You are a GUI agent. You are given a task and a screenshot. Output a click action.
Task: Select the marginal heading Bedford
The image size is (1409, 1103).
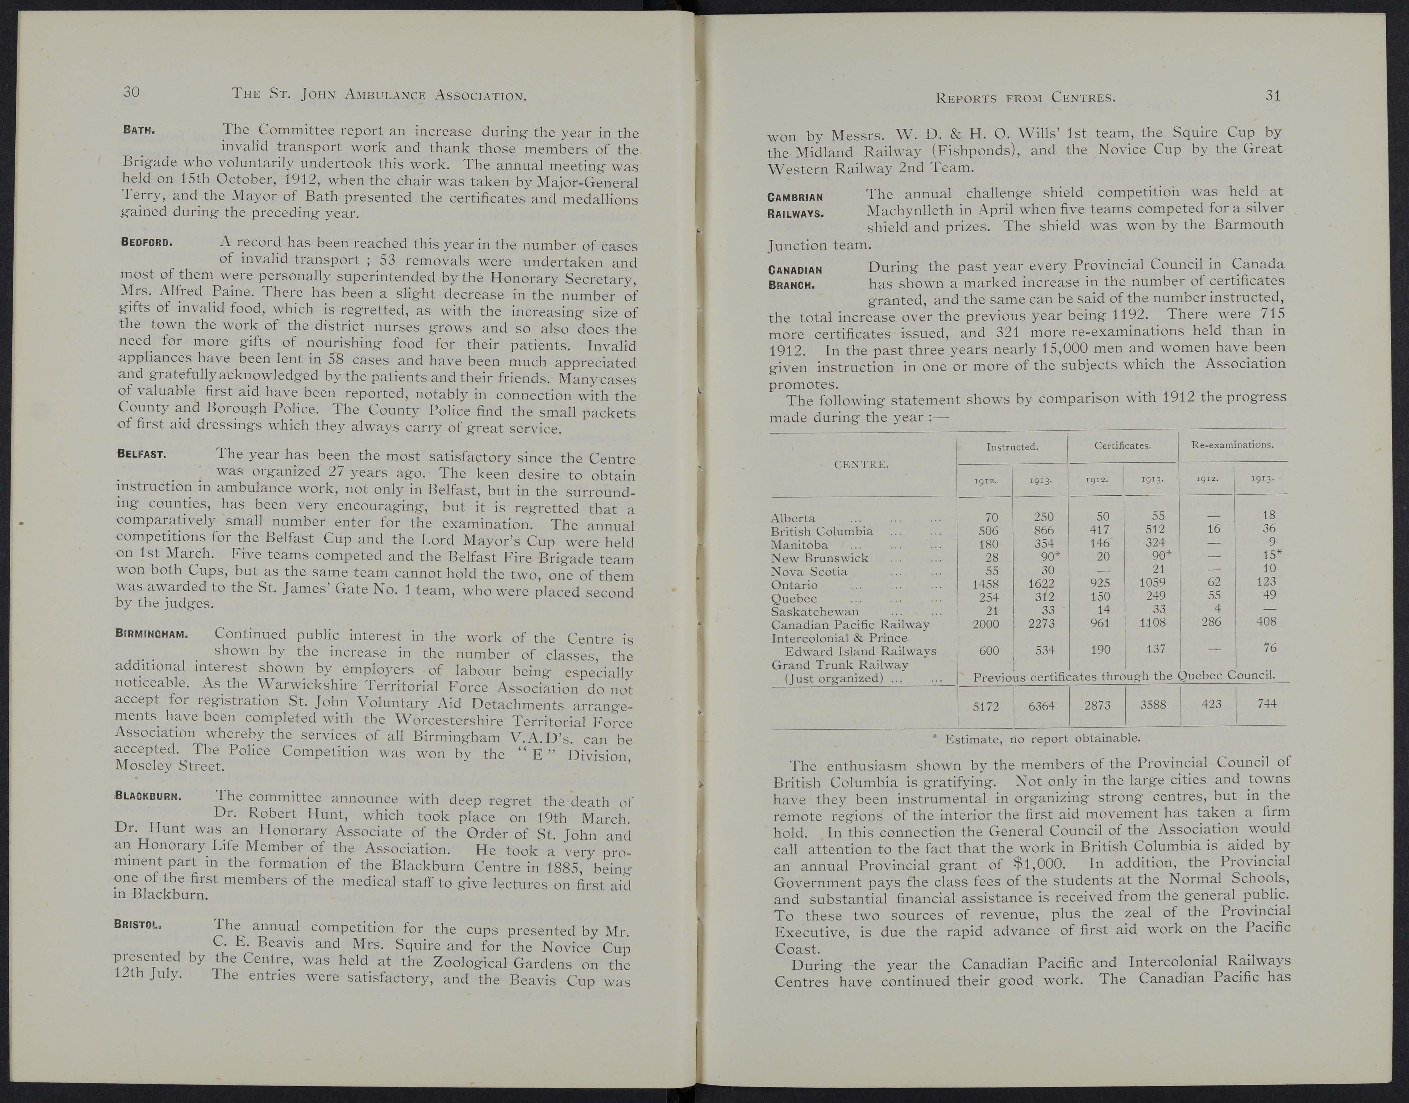147,243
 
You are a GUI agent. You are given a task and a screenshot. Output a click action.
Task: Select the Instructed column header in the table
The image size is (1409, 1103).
1012,446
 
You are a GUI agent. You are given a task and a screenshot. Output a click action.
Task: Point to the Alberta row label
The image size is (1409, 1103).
793,518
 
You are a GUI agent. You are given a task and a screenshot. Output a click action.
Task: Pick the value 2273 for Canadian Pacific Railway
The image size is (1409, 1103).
1041,624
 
